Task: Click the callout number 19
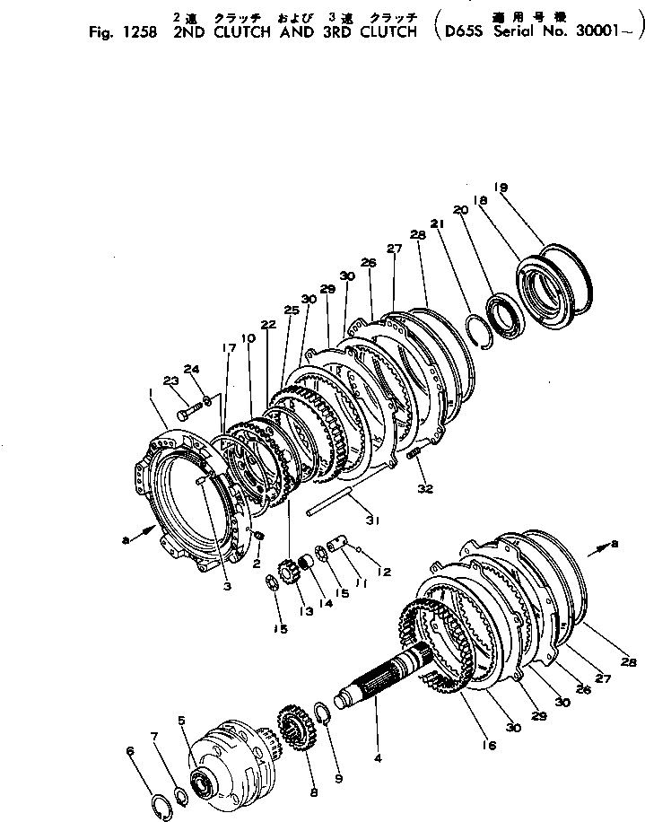[x=501, y=187]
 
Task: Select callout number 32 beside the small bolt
[x=425, y=490]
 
